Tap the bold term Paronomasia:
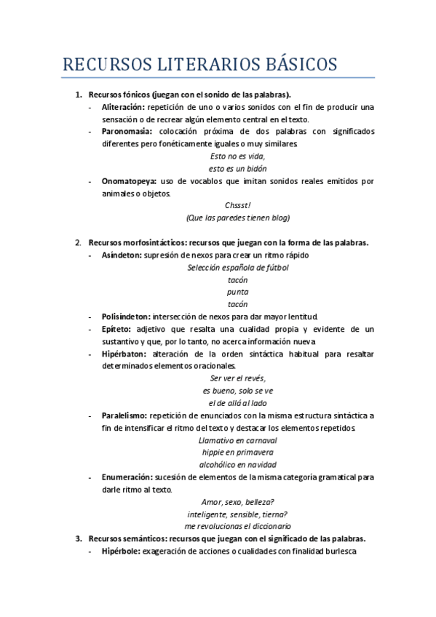coord(127,132)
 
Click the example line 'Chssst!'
coord(238,206)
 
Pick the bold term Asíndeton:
coord(122,255)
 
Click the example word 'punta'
coord(238,292)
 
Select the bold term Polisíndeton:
coord(127,317)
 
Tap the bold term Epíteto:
coord(116,329)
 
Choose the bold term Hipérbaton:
coord(124,354)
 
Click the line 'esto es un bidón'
coord(238,168)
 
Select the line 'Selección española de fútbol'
coord(238,267)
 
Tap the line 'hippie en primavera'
coord(238,452)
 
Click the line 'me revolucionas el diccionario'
coord(238,526)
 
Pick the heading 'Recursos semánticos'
coord(127,539)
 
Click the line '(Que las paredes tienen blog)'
coord(238,218)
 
